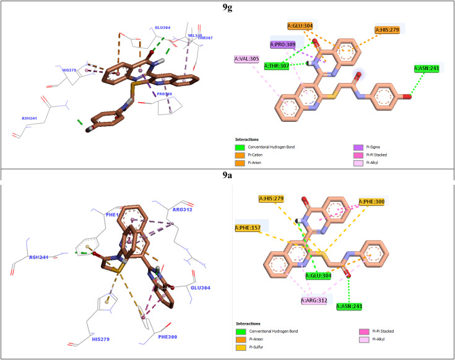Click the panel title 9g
(228, 7)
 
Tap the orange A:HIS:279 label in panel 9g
(389, 29)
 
